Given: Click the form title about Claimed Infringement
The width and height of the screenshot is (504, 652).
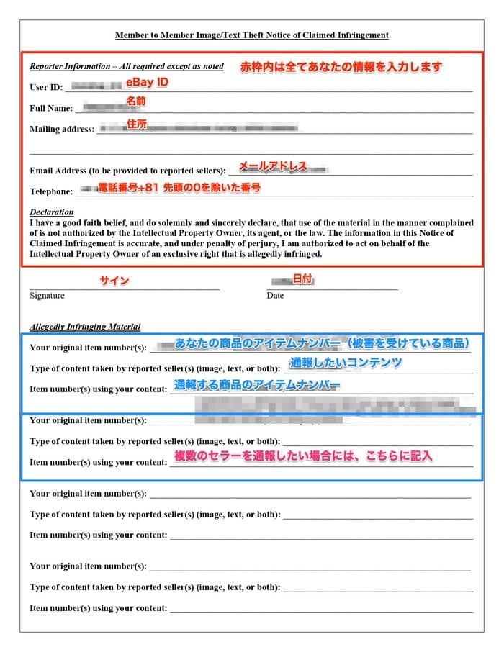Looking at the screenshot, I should point(252,35).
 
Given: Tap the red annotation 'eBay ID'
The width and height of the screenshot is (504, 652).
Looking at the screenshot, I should point(147,83).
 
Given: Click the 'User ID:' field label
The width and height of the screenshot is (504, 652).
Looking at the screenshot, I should point(46,87).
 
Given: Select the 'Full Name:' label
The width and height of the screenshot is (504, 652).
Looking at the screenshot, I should point(50,108).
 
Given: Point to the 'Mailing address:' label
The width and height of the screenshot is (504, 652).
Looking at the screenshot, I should point(61,130).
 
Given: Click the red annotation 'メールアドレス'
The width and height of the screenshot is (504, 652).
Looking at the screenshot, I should point(273,166).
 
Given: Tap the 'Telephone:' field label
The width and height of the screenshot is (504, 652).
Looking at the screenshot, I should point(50,191).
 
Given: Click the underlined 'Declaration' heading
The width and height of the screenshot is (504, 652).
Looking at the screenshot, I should point(51,212).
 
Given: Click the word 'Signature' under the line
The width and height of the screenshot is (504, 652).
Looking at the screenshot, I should point(47,296).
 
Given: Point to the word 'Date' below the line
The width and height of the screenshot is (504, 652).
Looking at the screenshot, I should point(275,296).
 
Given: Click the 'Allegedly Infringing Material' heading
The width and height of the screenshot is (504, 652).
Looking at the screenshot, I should point(85,327).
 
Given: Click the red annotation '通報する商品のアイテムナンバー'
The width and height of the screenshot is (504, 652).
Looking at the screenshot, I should point(256,386).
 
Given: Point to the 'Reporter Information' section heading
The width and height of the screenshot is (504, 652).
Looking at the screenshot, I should point(126,66).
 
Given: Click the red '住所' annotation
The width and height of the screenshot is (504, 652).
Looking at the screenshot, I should point(137,124).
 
